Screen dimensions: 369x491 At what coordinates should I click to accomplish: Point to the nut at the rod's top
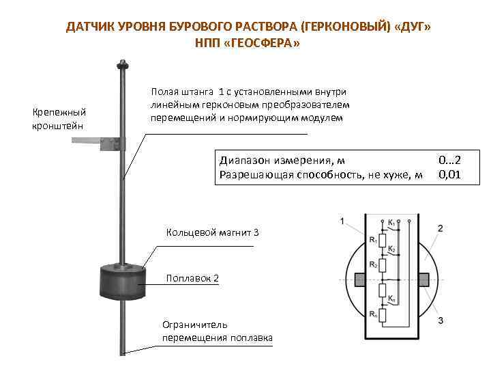[123, 66]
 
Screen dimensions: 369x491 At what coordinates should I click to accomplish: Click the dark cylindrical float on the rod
[123, 280]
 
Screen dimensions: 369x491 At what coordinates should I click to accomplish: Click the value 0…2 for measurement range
[450, 161]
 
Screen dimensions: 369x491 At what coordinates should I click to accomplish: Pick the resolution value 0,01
[450, 175]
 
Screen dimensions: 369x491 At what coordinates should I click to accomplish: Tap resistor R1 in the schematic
[383, 240]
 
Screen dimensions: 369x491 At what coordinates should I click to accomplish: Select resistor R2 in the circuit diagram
[383, 264]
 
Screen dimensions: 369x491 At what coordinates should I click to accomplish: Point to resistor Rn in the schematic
[383, 315]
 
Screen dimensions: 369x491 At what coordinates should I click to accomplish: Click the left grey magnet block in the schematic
[361, 279]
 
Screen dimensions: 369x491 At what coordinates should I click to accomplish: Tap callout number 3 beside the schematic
[441, 320]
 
